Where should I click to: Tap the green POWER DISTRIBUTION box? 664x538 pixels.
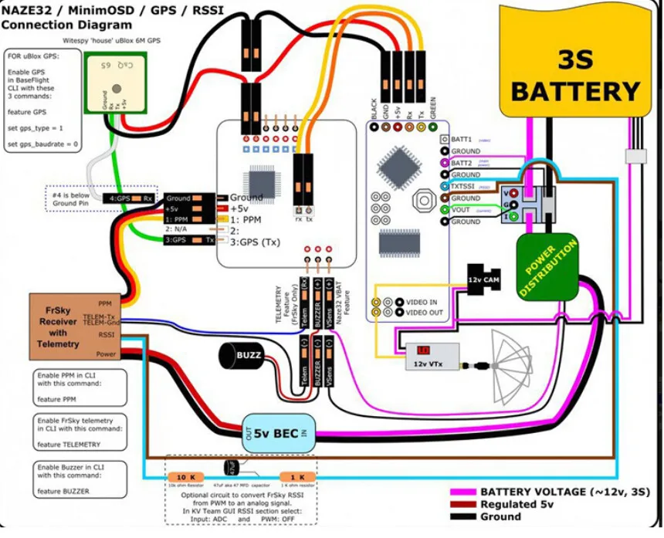tap(549, 267)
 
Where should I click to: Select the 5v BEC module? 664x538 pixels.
tap(279, 433)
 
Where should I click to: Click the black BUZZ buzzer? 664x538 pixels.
tap(242, 356)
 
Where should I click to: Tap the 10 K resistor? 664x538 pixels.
tap(188, 476)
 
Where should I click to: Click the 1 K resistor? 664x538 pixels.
tap(296, 476)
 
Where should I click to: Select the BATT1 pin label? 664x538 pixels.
tap(462, 140)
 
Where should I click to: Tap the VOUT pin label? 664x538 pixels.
tap(462, 210)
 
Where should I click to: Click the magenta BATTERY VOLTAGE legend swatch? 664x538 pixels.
tap(462, 492)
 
